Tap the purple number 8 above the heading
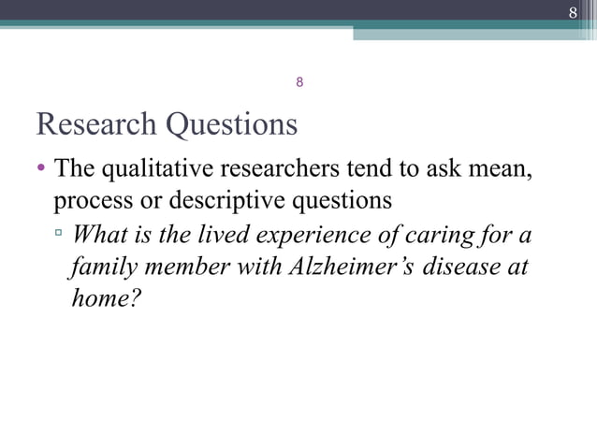(x=298, y=82)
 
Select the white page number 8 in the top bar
(x=573, y=12)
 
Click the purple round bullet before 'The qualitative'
(x=41, y=170)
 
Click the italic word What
(x=99, y=234)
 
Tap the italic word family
(x=100, y=266)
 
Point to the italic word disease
(x=462, y=266)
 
